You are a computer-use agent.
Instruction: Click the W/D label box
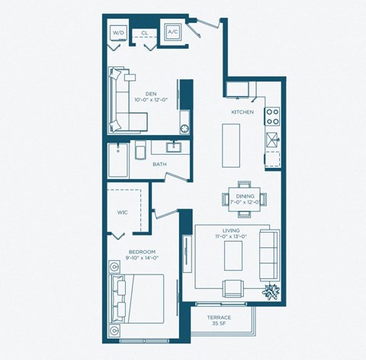point(118,33)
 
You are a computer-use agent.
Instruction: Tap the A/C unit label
point(172,33)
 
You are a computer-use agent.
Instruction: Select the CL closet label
point(144,34)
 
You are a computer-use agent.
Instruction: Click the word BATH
point(159,163)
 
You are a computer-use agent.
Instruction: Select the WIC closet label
point(122,212)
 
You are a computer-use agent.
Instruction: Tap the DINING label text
point(245,197)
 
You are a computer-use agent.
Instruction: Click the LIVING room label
point(232,230)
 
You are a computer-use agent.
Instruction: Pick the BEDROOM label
point(143,252)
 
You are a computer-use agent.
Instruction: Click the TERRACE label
point(219,317)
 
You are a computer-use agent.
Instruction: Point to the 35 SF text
point(219,325)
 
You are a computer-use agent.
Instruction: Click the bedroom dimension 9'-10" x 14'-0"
point(143,259)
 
